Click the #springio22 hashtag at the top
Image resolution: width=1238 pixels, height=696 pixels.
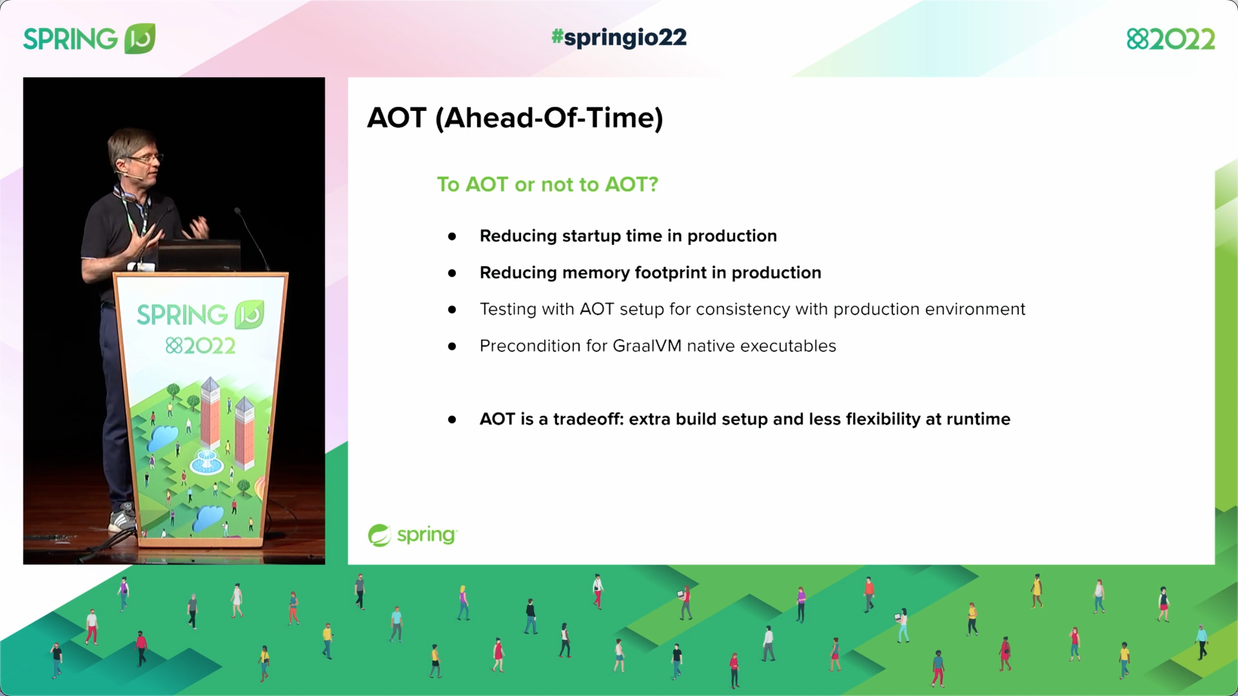pos(618,38)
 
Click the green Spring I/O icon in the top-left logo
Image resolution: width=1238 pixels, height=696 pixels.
pos(140,38)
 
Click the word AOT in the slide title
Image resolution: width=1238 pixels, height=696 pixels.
pos(397,118)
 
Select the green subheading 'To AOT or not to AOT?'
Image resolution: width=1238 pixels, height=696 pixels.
pos(547,184)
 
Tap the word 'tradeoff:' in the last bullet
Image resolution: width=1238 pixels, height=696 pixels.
pos(588,419)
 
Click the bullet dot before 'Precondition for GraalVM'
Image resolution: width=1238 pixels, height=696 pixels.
pos(452,346)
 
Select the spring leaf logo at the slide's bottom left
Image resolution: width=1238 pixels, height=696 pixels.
pos(380,535)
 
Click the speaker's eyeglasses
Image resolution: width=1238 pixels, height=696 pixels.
pos(144,158)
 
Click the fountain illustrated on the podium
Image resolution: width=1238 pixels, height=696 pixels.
pos(206,462)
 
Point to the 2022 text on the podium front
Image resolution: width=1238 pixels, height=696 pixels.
pos(200,346)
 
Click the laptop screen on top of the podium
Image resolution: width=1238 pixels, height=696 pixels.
pos(198,256)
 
